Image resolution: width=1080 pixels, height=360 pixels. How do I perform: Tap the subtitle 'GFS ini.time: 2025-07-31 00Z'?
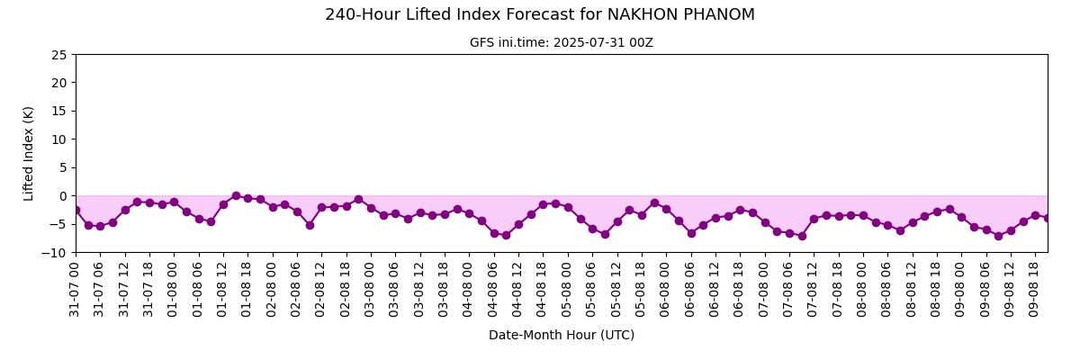[562, 43]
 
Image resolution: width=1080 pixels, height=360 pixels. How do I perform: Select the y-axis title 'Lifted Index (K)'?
[28, 154]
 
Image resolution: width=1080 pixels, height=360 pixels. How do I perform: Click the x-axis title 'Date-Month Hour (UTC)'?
[562, 335]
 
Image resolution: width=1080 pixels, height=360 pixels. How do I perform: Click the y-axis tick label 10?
[59, 139]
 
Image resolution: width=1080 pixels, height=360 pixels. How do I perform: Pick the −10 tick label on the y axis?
[55, 253]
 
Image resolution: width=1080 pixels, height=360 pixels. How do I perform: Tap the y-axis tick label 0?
[63, 196]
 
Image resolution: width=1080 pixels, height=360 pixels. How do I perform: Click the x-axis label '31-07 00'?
[74, 289]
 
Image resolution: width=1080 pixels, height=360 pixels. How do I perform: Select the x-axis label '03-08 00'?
[369, 289]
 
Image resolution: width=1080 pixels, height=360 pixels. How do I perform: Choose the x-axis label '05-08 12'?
[616, 289]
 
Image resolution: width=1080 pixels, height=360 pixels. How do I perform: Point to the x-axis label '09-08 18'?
[1033, 289]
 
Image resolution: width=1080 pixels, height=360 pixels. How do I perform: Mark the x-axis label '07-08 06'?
[787, 289]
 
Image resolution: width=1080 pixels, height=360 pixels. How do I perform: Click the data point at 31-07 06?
[100, 226]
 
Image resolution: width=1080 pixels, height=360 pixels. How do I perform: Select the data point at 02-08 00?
[273, 207]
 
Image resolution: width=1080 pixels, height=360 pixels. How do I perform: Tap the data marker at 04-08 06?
[494, 233]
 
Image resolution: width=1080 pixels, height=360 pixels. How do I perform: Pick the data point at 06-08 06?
[691, 233]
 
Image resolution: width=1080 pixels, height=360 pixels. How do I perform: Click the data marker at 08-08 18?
[937, 212]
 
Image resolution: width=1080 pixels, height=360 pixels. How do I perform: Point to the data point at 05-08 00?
[568, 207]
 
